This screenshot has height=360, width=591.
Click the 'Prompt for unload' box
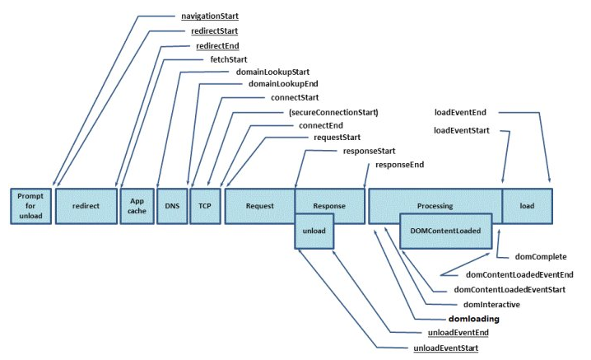click(31, 206)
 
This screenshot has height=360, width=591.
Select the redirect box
click(86, 206)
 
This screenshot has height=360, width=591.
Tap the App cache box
click(137, 206)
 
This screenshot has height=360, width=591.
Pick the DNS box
click(172, 206)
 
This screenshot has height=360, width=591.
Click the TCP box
click(205, 206)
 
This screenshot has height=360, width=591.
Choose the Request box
click(259, 206)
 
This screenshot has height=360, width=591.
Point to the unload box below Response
click(314, 231)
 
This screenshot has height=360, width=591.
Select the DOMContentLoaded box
click(446, 231)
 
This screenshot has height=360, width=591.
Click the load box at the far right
click(528, 206)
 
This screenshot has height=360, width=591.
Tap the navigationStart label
click(210, 16)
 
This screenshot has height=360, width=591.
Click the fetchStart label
click(229, 59)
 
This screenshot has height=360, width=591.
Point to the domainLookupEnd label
click(283, 84)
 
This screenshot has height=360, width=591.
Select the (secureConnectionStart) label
click(333, 113)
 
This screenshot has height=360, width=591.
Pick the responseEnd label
click(399, 165)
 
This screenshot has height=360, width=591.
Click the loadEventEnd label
click(460, 113)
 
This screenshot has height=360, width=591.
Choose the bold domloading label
click(474, 320)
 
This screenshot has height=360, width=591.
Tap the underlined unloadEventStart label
click(446, 348)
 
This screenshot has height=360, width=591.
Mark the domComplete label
click(541, 257)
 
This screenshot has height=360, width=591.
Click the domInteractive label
click(491, 305)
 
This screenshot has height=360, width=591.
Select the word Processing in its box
click(435, 206)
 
